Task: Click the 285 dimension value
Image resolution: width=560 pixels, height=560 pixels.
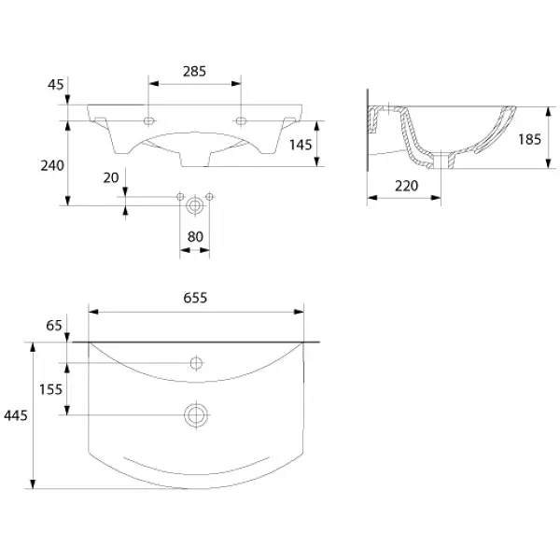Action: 194,72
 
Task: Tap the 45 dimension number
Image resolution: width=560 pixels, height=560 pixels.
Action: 55,85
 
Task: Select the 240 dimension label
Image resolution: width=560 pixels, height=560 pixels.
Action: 52,166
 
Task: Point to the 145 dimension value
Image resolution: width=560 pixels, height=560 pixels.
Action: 301,145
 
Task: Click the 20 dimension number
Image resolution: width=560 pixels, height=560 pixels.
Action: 111,177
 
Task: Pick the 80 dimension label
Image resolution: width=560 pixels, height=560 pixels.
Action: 195,236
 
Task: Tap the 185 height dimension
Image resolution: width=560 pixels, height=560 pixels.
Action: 529,139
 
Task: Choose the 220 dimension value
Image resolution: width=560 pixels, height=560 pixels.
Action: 406,186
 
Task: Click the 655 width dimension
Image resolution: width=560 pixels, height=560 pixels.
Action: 195,298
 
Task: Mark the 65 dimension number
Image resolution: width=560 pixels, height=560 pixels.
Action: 54,326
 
